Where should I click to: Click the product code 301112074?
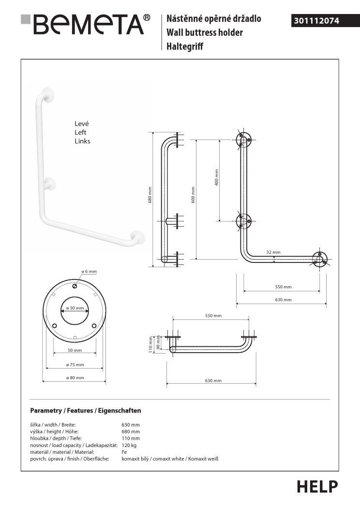pyautogui.click(x=315, y=21)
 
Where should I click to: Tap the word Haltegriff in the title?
pyautogui.click(x=185, y=46)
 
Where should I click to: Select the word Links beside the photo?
pyautogui.click(x=82, y=141)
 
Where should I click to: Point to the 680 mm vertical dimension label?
pyautogui.click(x=150, y=195)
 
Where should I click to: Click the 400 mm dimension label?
pyautogui.click(x=217, y=177)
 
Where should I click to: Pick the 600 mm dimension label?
pyautogui.click(x=193, y=195)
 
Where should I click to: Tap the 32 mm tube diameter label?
pyautogui.click(x=273, y=252)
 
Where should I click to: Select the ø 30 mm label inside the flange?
pyautogui.click(x=75, y=309)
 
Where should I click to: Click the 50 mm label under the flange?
pyautogui.click(x=75, y=350)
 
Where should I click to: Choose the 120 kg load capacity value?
pyautogui.click(x=129, y=445)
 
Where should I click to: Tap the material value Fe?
pyautogui.click(x=124, y=451)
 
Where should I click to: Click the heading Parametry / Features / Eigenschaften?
pyautogui.click(x=85, y=411)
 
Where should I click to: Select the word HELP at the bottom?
pyautogui.click(x=317, y=486)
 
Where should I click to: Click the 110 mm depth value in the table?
pyautogui.click(x=131, y=438)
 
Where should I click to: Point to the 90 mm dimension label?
pyautogui.click(x=158, y=343)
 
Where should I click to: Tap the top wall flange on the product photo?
pyautogui.click(x=47, y=94)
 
